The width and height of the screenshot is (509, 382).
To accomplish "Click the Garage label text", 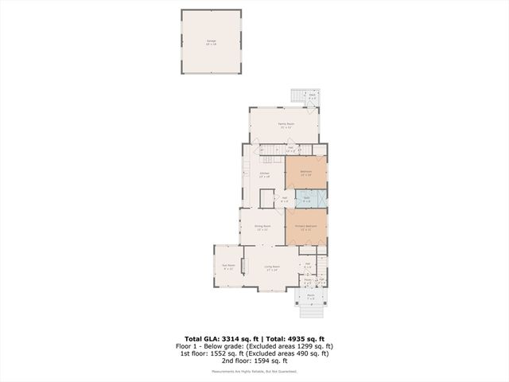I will [x=212, y=41].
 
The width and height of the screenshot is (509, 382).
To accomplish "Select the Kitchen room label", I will [x=265, y=174].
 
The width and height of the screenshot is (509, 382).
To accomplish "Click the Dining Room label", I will [x=263, y=228].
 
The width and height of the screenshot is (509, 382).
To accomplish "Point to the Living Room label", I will [x=272, y=268].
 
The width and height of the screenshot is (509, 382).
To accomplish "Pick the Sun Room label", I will [x=229, y=268].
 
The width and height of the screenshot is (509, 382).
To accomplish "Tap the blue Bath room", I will [x=307, y=199].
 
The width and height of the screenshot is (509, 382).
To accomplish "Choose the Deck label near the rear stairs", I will [x=313, y=95].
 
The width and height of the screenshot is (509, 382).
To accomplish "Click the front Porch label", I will [x=311, y=298].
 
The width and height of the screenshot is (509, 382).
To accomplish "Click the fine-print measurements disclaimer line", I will [x=254, y=370].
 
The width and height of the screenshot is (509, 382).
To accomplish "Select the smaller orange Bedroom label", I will [x=306, y=173].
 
